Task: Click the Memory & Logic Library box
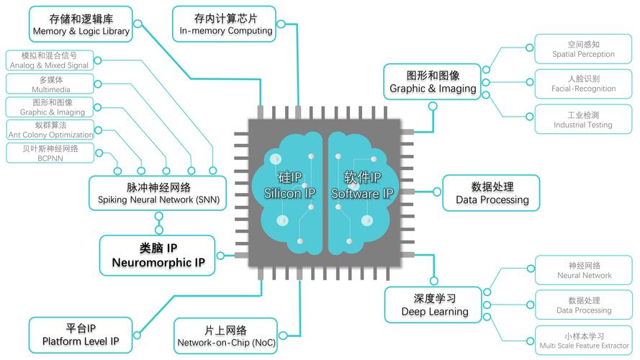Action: click(x=81, y=24)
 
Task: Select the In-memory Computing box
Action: click(x=224, y=24)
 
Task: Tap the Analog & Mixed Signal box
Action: click(x=50, y=60)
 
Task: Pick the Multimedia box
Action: click(x=50, y=84)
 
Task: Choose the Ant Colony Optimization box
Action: click(x=50, y=130)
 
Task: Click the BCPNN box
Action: click(x=50, y=153)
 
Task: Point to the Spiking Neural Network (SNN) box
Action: click(x=158, y=193)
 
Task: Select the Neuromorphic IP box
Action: click(x=157, y=256)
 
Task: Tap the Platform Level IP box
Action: click(x=81, y=335)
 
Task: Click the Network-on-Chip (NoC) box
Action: click(x=226, y=336)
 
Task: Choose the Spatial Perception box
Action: click(x=583, y=49)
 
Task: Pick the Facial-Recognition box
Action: click(x=583, y=84)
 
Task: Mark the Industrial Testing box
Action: click(x=583, y=120)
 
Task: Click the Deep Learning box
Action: click(x=433, y=305)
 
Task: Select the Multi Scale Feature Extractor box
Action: click(x=584, y=341)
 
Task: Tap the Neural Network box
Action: click(x=584, y=270)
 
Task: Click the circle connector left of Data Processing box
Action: click(x=437, y=192)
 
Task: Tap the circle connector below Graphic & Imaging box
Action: click(x=433, y=107)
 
